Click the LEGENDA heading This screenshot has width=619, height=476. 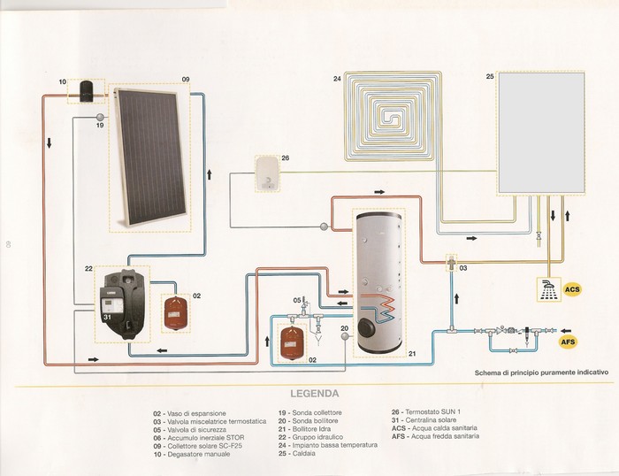pyautogui.click(x=309, y=391)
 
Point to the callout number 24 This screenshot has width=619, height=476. pyautogui.click(x=337, y=80)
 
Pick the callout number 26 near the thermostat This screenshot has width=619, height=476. pyautogui.click(x=285, y=158)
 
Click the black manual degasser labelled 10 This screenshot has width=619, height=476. pyautogui.click(x=88, y=89)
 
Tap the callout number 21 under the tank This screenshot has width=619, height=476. pyautogui.click(x=411, y=353)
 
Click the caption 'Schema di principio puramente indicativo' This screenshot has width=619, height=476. pyautogui.click(x=541, y=372)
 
